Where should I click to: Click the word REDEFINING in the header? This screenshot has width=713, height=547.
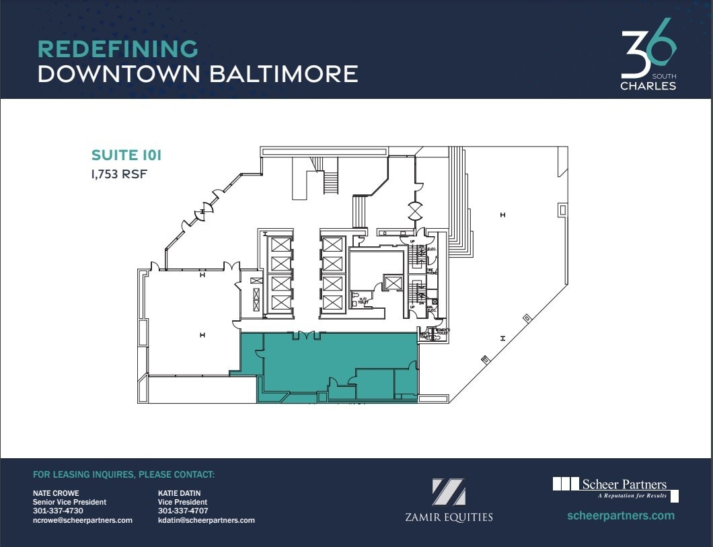click(x=118, y=49)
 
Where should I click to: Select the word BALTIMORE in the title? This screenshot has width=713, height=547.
click(x=283, y=73)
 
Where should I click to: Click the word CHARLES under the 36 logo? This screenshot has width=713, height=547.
click(x=648, y=86)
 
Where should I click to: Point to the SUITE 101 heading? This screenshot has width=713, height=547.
click(x=126, y=156)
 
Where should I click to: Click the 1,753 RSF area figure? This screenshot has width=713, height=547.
click(x=119, y=174)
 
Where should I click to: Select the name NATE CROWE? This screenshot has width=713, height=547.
click(x=56, y=493)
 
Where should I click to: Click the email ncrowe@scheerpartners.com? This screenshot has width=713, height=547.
click(x=83, y=520)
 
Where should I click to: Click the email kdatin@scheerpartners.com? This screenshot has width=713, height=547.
click(x=207, y=520)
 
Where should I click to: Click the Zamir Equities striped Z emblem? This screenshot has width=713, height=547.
click(x=449, y=492)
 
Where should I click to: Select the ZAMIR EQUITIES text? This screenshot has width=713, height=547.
click(x=449, y=517)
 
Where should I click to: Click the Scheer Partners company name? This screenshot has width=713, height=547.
click(x=624, y=484)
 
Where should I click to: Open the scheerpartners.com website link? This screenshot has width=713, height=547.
click(x=621, y=516)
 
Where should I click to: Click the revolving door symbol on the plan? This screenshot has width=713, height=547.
click(x=415, y=211)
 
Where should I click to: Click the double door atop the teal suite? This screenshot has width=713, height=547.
click(x=305, y=335)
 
